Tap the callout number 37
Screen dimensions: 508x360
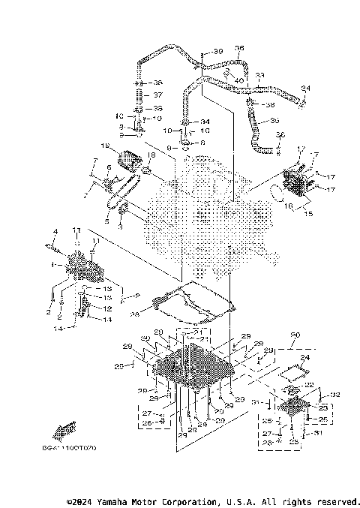(x=157, y=95)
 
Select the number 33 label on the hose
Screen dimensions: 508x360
(x=259, y=76)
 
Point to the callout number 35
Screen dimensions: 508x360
(x=274, y=120)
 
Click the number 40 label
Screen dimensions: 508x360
(x=238, y=80)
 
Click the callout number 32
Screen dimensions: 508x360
(x=334, y=394)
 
